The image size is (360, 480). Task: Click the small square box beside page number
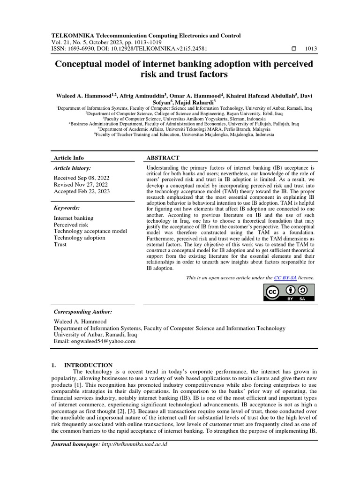click(294, 48)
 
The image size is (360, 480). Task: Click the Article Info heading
click(69, 158)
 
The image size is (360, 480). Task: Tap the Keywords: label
click(67, 207)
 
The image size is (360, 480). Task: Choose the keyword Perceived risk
click(71, 225)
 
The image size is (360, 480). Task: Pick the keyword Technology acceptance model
click(90, 231)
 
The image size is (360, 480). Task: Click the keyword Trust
click(60, 244)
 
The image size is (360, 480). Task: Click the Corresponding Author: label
click(83, 312)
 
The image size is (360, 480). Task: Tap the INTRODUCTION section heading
click(88, 365)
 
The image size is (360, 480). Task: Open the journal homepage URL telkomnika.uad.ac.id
click(135, 445)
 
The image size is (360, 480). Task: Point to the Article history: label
click(73, 168)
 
